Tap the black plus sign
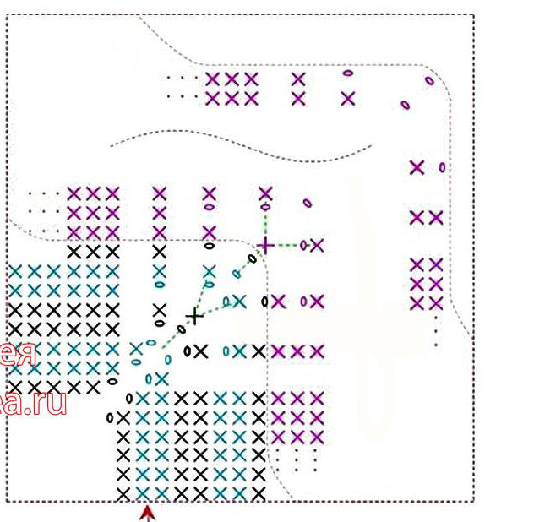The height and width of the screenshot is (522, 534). tap(194, 317)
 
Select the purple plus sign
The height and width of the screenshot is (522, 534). tap(265, 245)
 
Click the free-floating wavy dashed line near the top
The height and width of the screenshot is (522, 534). tap(241, 144)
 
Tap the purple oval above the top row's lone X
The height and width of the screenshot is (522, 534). tap(347, 73)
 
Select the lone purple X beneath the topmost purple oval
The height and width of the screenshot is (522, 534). tap(348, 99)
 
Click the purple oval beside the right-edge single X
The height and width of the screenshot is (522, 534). tap(442, 167)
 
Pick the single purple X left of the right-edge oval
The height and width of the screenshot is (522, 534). tap(417, 167)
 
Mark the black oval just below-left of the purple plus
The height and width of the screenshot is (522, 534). tap(251, 258)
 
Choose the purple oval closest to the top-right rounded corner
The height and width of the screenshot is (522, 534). tap(429, 81)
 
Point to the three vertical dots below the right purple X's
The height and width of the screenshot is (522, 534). tap(436, 332)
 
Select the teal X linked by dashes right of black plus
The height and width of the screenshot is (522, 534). tap(240, 300)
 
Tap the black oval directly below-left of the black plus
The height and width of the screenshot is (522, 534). tap(181, 330)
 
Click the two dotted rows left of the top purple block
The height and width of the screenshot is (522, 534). tap(181, 87)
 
